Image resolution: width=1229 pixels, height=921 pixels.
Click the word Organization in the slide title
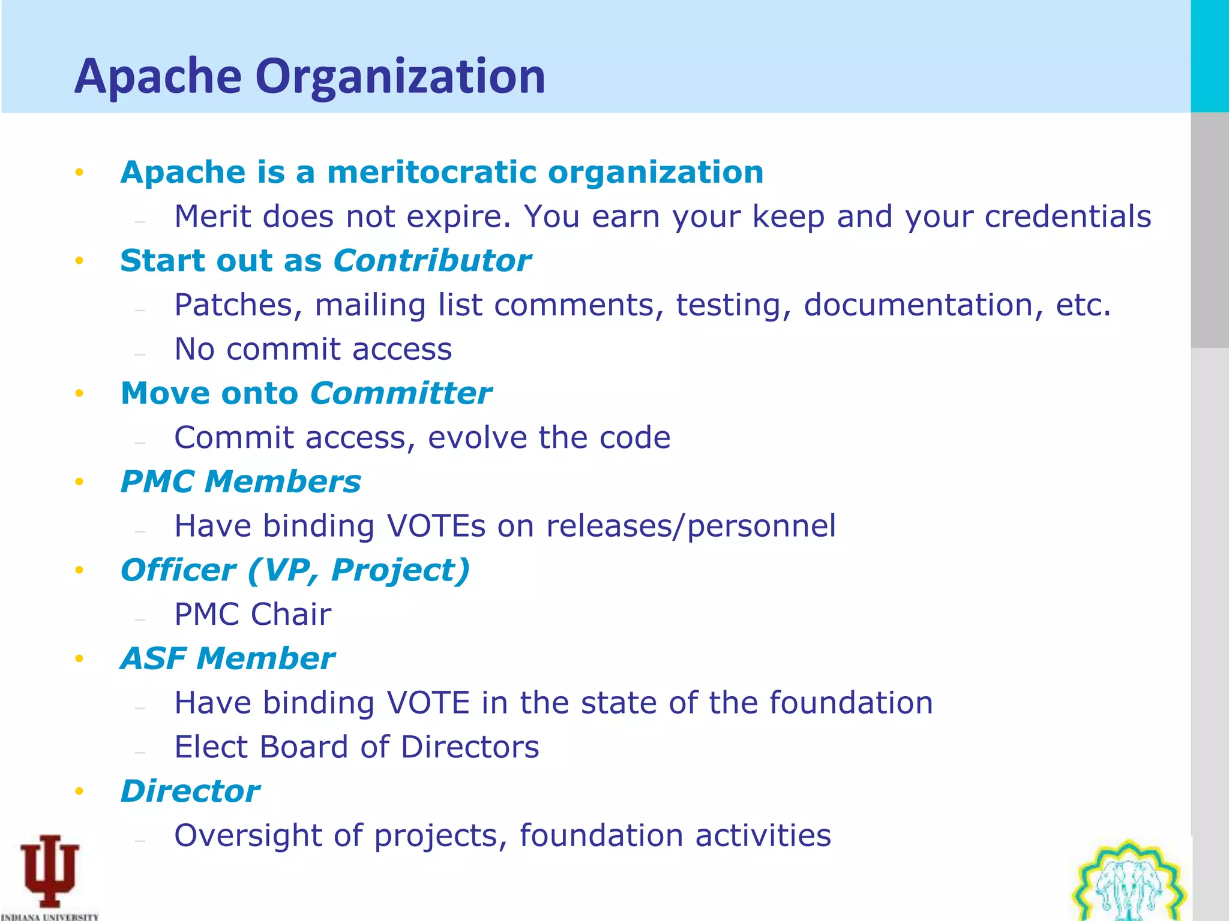[400, 77]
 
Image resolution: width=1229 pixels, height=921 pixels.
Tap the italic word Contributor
[432, 261]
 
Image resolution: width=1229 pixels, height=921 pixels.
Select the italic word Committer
[401, 394]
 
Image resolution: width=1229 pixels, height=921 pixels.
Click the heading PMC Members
[240, 482]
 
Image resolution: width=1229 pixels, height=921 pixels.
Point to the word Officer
[178, 570]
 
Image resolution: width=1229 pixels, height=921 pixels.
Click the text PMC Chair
[252, 615]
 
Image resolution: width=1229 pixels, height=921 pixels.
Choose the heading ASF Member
[227, 659]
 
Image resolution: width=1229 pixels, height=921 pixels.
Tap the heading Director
[190, 791]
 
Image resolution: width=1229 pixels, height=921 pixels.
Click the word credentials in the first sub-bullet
[1068, 216]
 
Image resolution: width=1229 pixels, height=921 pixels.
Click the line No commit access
[313, 350]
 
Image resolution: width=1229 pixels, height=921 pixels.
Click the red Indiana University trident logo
[49, 872]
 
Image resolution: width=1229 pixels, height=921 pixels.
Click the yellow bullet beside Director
[79, 792]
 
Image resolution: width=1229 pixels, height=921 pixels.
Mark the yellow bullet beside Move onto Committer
[79, 394]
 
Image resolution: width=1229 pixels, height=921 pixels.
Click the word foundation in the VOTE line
[851, 703]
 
